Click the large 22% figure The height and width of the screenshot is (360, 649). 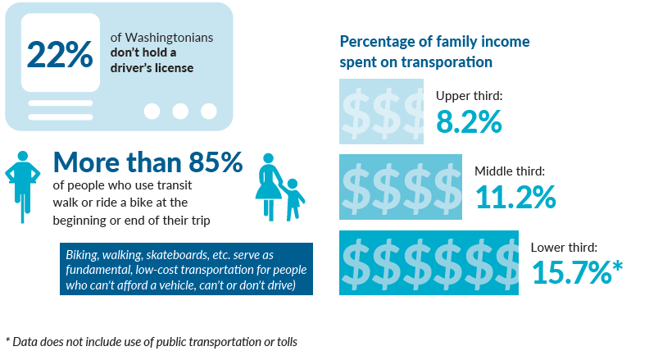[60, 54]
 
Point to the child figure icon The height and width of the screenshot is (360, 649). [292, 199]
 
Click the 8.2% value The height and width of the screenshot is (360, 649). [469, 121]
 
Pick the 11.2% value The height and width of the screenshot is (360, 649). [515, 197]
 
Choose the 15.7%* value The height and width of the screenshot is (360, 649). [578, 271]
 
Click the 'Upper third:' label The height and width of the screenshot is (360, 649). [469, 96]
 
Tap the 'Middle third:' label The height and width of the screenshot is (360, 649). [510, 171]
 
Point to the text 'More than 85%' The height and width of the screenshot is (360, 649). [147, 162]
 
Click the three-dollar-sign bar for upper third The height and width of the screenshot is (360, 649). [382, 112]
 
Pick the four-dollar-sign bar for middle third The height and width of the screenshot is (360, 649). [401, 187]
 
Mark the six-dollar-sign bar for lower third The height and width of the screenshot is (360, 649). [429, 262]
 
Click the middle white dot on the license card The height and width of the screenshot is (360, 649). [180, 111]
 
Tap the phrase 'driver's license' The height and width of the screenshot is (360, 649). [152, 68]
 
